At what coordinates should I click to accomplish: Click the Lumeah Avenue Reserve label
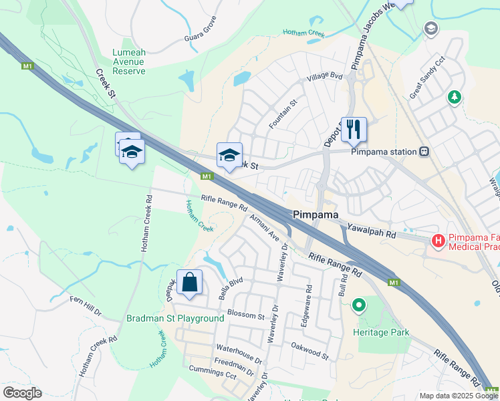(129, 61)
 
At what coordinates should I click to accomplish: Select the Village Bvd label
(324, 78)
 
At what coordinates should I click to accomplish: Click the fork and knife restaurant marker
(354, 129)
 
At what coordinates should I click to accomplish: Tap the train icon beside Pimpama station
(424, 152)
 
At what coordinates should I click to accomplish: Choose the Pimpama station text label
(384, 152)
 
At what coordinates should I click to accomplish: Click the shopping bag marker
(190, 282)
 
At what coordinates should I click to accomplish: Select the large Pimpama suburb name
(316, 215)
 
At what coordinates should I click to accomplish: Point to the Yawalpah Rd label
(372, 231)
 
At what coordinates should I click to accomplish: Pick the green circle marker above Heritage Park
(359, 307)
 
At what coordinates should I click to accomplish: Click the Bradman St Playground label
(175, 318)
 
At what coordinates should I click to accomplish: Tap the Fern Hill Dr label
(86, 303)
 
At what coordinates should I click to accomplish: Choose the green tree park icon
(455, 98)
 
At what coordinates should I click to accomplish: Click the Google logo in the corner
(22, 393)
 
